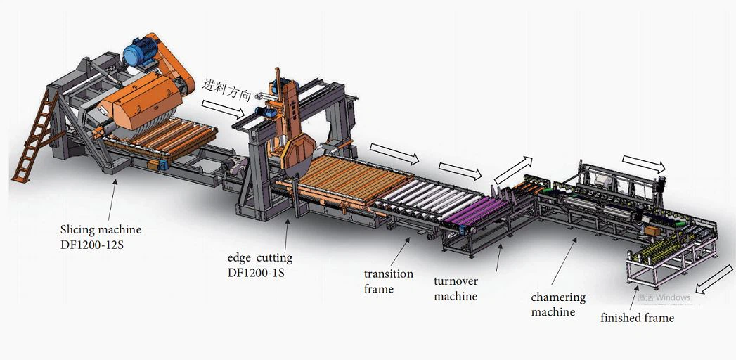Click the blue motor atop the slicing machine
coord(144,50)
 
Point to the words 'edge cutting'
coord(259,258)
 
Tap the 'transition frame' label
coord(388,281)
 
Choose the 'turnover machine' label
coord(456,289)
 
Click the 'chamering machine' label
coord(558,304)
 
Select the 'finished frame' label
coord(637,318)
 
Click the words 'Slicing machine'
coord(101,230)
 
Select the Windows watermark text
coord(664,297)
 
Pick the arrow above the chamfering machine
coord(643,164)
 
